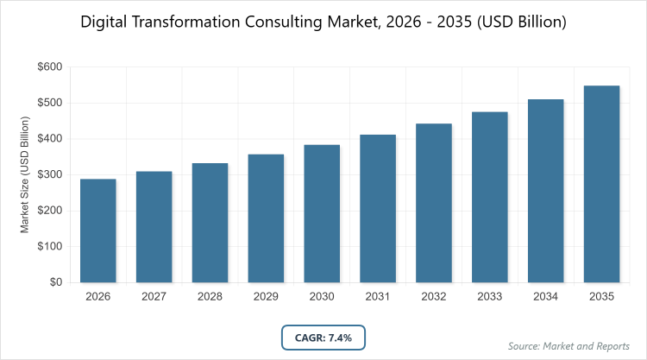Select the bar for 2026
point(97,231)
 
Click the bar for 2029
point(266,218)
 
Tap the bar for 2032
point(434,203)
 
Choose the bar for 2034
point(546,191)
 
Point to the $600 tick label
point(48,67)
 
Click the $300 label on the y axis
point(48,175)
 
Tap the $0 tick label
point(54,282)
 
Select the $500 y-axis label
point(48,104)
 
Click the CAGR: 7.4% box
point(323,338)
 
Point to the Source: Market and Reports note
point(569,346)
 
